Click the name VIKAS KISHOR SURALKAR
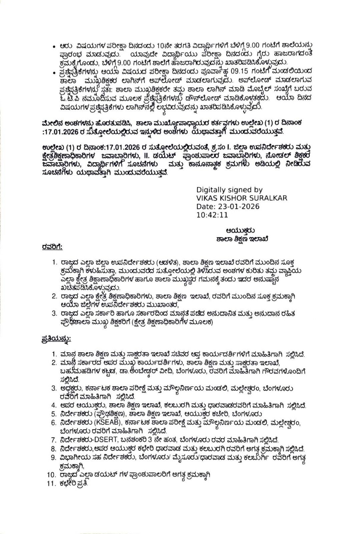(241, 198)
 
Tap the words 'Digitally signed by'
(229, 190)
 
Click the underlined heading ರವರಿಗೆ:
(52, 247)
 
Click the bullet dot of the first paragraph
(53, 46)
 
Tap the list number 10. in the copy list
(51, 475)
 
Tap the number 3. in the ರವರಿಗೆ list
(54, 314)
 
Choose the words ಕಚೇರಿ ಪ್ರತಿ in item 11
(74, 484)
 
